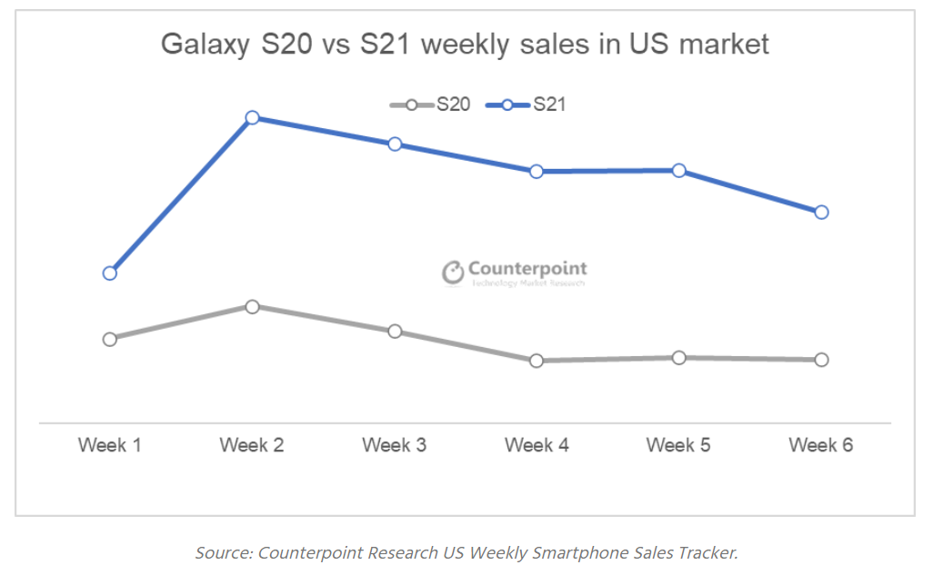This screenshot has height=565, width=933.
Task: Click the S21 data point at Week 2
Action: [253, 118]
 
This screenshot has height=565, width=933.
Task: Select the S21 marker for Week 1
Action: [110, 273]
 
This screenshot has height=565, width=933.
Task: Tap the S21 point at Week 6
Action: [821, 212]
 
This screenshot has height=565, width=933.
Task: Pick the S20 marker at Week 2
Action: [253, 306]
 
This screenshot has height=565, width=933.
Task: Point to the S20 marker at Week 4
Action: [537, 361]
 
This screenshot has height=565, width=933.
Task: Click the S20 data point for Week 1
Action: [110, 339]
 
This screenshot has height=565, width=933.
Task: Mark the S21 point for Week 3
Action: [395, 144]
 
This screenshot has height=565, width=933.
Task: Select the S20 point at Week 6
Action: [821, 360]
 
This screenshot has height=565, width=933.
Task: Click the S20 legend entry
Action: [430, 104]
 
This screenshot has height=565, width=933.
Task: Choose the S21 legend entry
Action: [527, 104]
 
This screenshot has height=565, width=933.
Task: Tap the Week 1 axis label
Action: [110, 445]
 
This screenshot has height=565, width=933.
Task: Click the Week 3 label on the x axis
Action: [394, 445]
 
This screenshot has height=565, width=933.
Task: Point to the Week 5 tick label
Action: [678, 445]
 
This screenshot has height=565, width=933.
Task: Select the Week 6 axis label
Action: [821, 445]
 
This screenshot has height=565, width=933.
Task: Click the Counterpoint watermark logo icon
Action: [453, 272]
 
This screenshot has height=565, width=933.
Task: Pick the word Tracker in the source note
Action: [708, 552]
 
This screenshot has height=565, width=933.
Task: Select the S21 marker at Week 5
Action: [679, 171]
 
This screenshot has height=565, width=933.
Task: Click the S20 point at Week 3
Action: [395, 331]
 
